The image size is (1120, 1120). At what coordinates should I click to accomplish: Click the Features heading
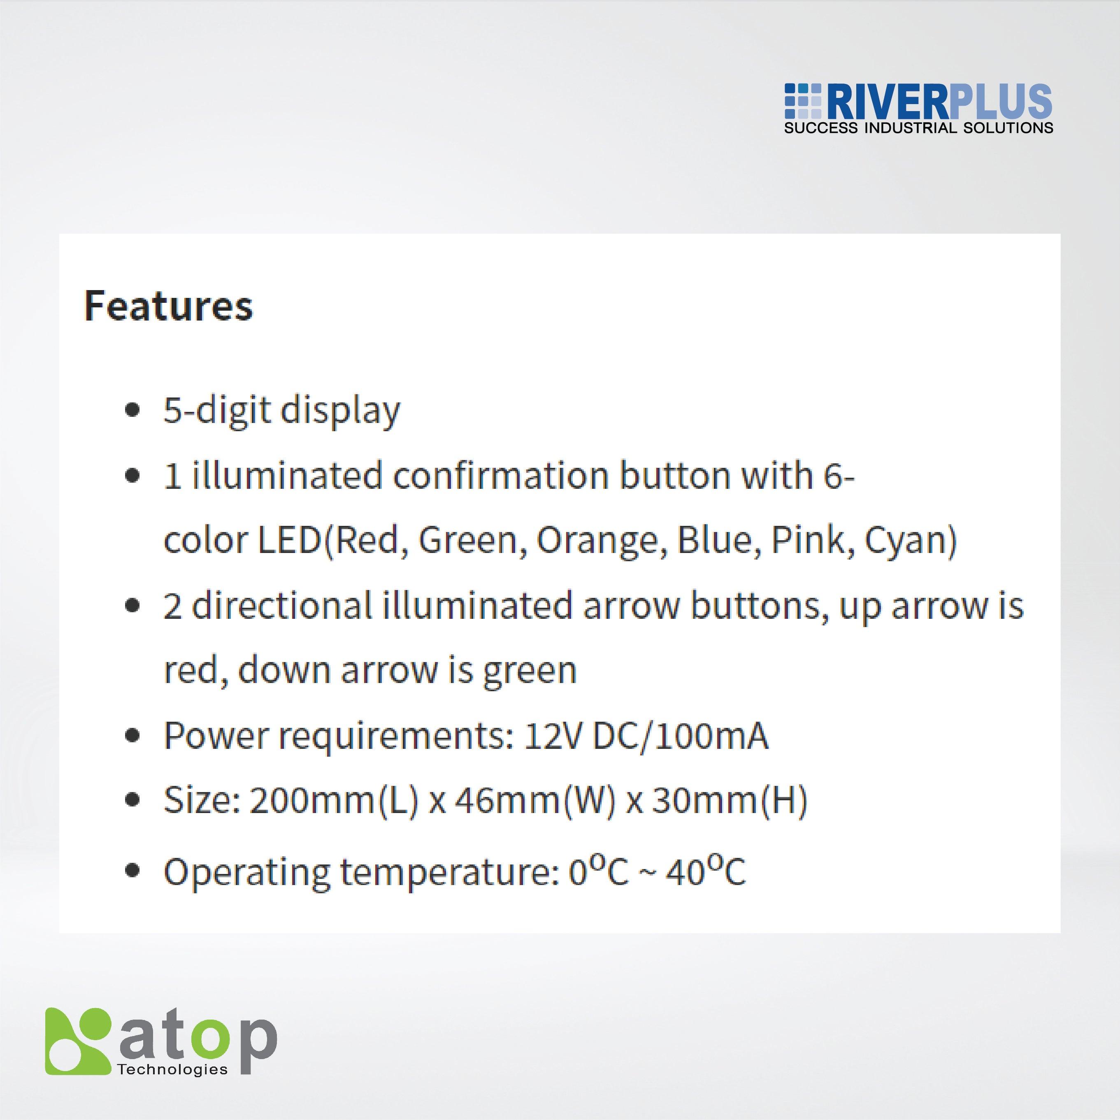click(169, 305)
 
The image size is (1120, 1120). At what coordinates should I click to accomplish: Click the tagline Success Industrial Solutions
click(918, 128)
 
